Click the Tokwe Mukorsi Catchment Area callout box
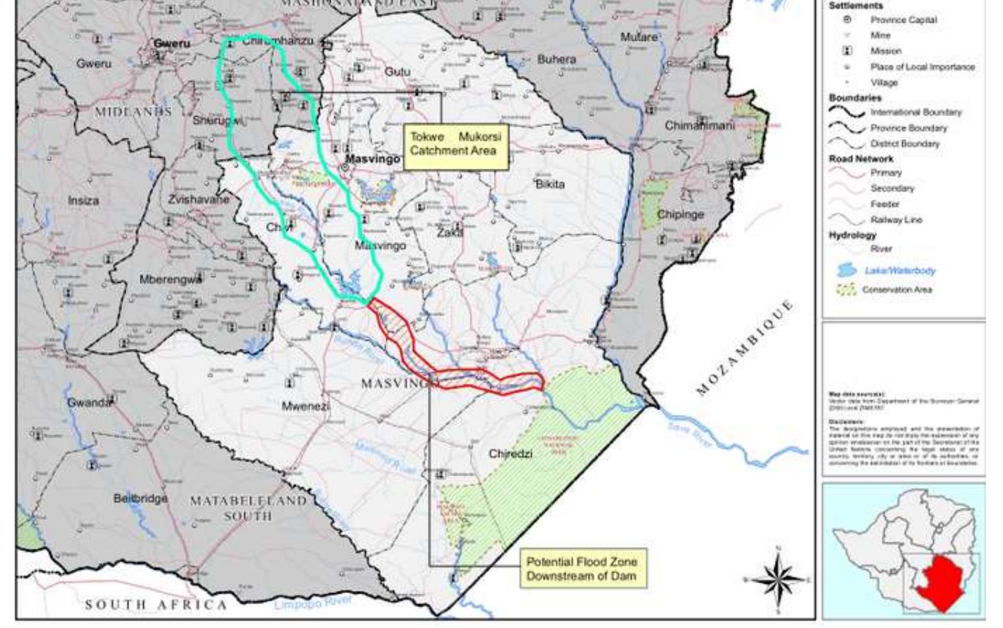pyautogui.click(x=455, y=144)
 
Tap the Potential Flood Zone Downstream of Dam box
pyautogui.click(x=582, y=569)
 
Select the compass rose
pyautogui.click(x=778, y=579)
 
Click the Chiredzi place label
pyautogui.click(x=510, y=454)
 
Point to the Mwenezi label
pyautogui.click(x=305, y=406)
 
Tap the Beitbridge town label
pyautogui.click(x=140, y=499)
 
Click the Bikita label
pyautogui.click(x=550, y=184)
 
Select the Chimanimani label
pyautogui.click(x=699, y=125)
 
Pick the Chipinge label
pyautogui.click(x=680, y=214)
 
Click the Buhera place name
pyautogui.click(x=556, y=59)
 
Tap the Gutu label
pyautogui.click(x=397, y=71)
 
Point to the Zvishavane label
pyautogui.click(x=198, y=199)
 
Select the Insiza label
pyautogui.click(x=84, y=200)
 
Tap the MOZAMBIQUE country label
pyautogui.click(x=745, y=348)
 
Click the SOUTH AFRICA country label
pyautogui.click(x=156, y=604)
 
